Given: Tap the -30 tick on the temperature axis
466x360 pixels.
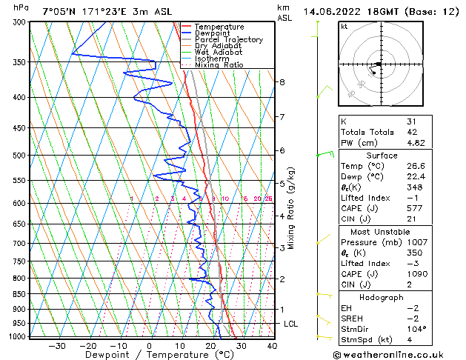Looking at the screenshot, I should [57, 345].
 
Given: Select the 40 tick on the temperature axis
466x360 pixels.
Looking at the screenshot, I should [272, 345].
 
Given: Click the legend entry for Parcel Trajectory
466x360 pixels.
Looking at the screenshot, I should [228, 40].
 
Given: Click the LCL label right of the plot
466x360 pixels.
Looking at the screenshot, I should [291, 324].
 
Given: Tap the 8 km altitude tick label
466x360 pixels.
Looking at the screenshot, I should [282, 81].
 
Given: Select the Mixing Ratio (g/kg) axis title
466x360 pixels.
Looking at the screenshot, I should [291, 208].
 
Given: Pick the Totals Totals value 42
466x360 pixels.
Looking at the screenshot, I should [411, 132].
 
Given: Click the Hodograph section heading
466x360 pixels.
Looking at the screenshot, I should [382, 297].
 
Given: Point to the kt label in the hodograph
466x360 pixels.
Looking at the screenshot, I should [344, 27].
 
